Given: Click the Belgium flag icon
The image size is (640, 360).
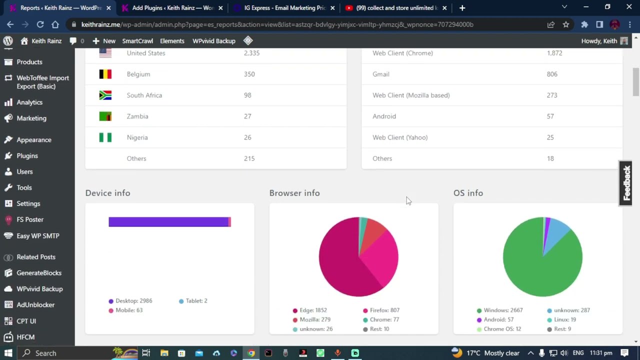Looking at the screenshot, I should (105, 74).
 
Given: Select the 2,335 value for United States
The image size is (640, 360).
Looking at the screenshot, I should (251, 53).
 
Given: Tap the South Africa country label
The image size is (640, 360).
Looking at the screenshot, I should (144, 95).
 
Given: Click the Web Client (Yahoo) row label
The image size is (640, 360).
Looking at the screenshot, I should (399, 137).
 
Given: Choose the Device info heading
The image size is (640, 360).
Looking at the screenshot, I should (107, 193).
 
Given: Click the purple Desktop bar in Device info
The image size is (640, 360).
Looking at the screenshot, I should (168, 222).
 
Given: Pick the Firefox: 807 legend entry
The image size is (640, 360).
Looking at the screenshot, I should (381, 310).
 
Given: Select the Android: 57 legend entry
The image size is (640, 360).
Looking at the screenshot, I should (498, 320).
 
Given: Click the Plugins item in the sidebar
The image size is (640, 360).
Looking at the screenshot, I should (27, 156).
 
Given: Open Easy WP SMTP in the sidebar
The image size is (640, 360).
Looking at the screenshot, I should (37, 236).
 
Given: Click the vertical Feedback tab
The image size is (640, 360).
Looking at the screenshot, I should (626, 183).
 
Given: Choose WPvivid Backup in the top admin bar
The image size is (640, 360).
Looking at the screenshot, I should (213, 41).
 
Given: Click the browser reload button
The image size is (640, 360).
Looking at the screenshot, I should (40, 24).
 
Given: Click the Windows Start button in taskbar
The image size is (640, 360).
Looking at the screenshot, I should (8, 353).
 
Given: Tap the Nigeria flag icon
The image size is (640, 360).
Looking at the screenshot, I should (105, 137).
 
